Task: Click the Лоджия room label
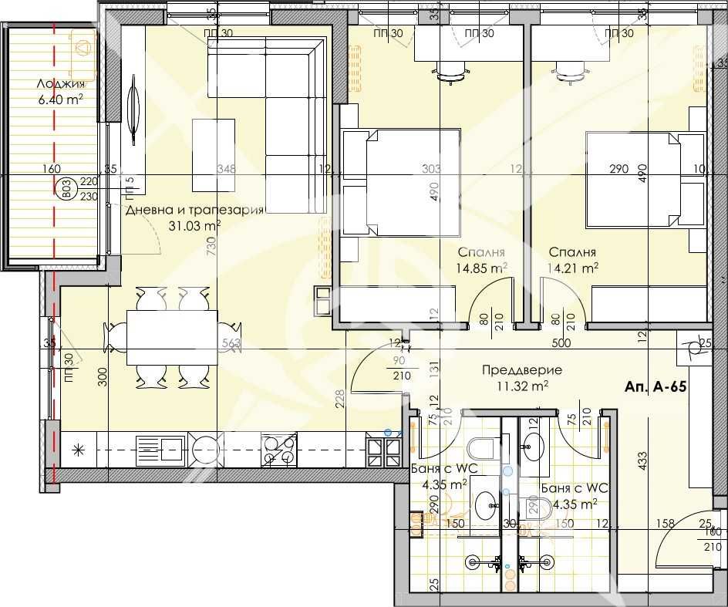coord(59,84)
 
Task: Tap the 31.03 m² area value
coord(195,225)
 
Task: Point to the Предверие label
coord(521,370)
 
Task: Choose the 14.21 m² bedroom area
coord(573,268)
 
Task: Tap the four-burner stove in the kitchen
coord(280,450)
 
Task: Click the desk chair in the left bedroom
coord(451,72)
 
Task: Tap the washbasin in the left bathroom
coord(486,505)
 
